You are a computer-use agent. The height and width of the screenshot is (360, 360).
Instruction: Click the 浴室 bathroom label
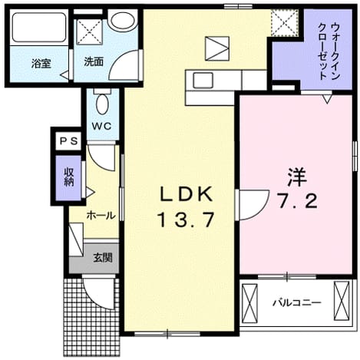point(41,64)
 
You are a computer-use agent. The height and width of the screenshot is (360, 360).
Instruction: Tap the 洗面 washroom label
point(94,61)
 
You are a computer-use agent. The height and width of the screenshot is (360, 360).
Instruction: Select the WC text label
point(102,126)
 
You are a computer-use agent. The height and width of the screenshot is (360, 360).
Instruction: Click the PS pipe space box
point(68,141)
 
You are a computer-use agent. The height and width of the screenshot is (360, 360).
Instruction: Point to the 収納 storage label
point(69,177)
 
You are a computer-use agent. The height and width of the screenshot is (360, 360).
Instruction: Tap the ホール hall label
point(101,216)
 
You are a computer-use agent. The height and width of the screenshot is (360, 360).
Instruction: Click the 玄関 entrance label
point(103,258)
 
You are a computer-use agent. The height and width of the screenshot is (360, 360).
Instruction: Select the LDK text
point(187,195)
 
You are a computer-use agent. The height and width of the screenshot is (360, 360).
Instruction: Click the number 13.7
point(186,220)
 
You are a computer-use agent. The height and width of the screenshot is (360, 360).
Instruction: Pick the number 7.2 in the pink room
point(298,201)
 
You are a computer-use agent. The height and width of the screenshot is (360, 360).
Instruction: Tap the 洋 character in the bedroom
point(297,177)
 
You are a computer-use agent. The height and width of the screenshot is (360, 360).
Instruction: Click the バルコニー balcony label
point(296,303)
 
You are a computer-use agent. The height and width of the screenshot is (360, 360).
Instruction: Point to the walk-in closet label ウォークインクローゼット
point(329,51)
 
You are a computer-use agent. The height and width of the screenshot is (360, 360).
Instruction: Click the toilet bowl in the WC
point(102,104)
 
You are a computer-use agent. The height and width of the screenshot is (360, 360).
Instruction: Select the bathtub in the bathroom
point(39,28)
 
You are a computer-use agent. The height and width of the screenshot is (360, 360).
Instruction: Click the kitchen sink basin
point(203,81)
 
